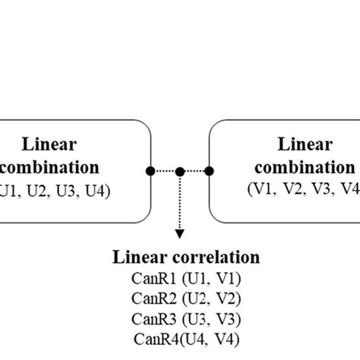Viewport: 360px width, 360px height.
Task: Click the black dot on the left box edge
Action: pyautogui.click(x=152, y=172)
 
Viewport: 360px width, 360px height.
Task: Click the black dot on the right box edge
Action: pyautogui.click(x=209, y=172)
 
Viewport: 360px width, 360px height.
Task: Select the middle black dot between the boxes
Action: pyautogui.click(x=180, y=172)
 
